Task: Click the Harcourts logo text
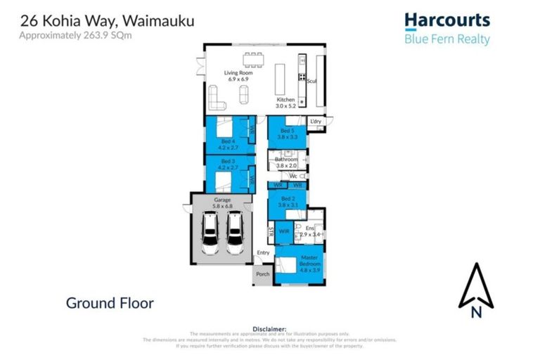click(446, 21)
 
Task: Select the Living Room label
click(238, 76)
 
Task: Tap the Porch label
click(263, 274)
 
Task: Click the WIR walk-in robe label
click(284, 231)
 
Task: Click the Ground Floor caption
click(109, 303)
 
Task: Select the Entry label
click(263, 252)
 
